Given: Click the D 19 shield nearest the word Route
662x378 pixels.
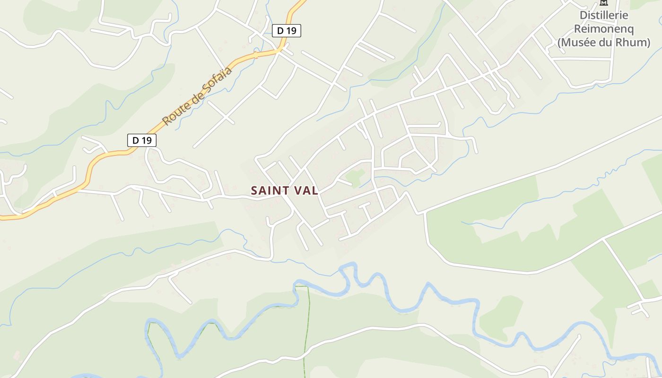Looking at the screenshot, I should pos(141,140).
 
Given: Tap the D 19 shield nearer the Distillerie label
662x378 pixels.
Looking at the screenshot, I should pos(287,31).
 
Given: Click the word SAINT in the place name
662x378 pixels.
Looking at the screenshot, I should pos(270,190).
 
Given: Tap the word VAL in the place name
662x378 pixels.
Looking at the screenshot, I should pos(307,190).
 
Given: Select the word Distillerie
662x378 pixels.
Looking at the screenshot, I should pos(604,15).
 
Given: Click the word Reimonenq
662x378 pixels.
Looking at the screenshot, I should pos(604,29).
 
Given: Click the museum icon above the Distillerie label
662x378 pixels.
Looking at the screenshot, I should pos(604,3).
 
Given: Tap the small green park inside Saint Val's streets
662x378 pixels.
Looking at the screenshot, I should pos(355,177).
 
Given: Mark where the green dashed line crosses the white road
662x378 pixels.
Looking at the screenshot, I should pos(305,344).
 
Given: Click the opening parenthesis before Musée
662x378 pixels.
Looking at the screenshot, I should pos(560,43).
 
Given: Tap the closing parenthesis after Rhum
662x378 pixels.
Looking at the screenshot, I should pos(648,43).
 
